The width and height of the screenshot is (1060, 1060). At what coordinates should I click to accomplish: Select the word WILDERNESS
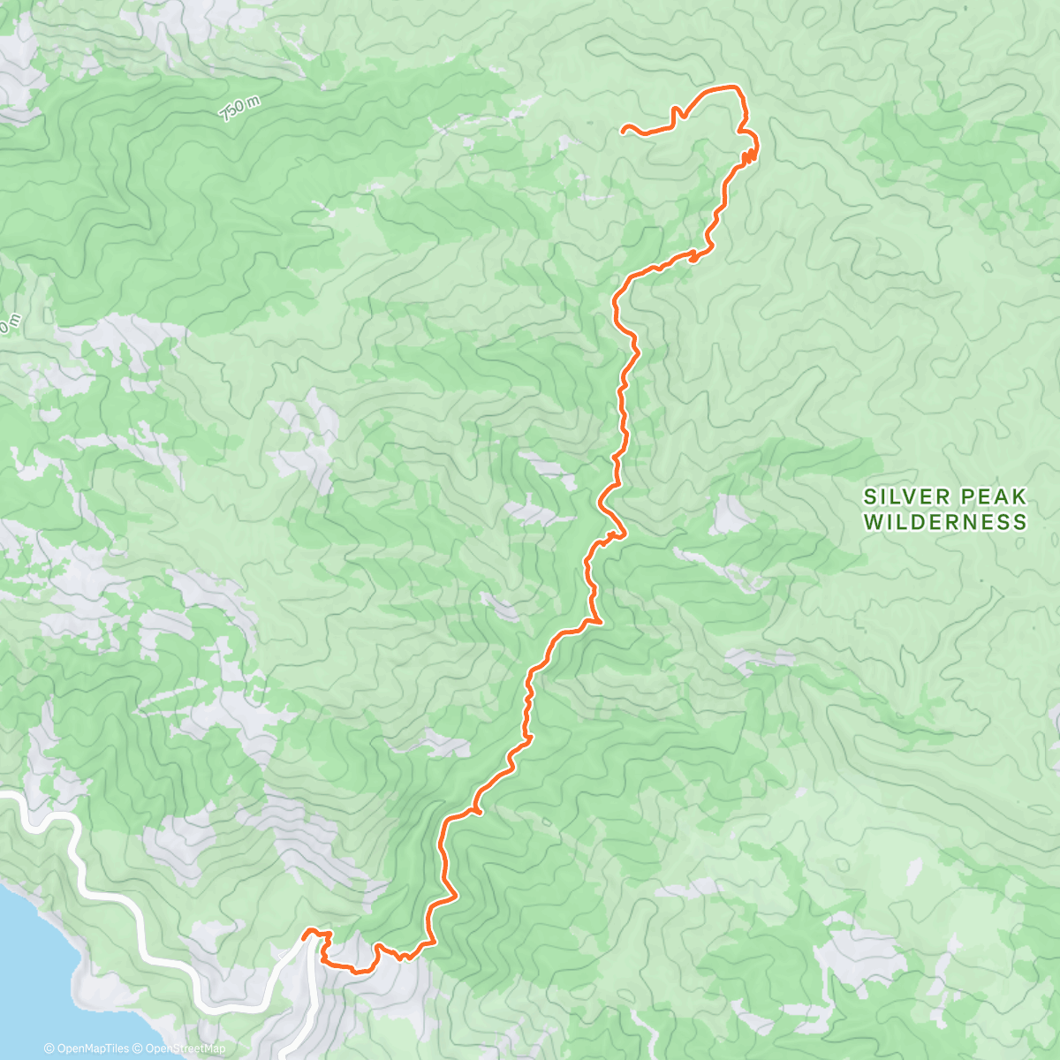pyautogui.click(x=945, y=522)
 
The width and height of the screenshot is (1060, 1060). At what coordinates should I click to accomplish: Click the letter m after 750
pyautogui.click(x=254, y=101)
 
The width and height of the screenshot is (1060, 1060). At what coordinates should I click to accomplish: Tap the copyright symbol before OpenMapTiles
pyautogui.click(x=49, y=1049)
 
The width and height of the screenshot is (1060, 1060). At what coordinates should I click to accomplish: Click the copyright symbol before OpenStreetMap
pyautogui.click(x=139, y=1049)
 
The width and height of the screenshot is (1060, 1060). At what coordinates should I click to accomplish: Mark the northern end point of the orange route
pyautogui.click(x=624, y=129)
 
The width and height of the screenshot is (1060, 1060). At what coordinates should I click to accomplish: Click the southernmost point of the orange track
pyautogui.click(x=357, y=971)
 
